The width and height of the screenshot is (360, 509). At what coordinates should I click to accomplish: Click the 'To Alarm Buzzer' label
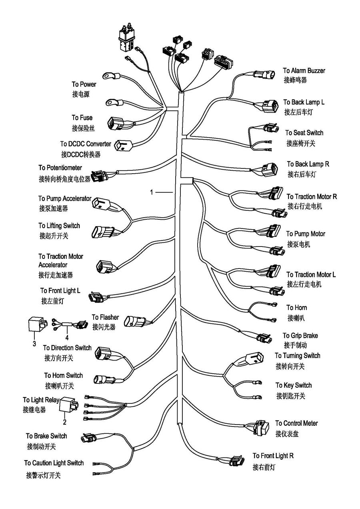point(304,71)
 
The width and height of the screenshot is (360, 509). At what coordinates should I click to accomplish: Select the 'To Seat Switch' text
point(304,133)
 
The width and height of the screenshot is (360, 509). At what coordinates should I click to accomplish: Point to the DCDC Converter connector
point(124,146)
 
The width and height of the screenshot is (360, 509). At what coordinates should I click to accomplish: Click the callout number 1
point(152,192)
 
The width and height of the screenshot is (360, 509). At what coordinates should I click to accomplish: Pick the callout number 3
point(34,344)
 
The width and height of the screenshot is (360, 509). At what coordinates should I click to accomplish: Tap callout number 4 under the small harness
point(67,337)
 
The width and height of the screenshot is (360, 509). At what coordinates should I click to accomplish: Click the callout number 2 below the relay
point(64,421)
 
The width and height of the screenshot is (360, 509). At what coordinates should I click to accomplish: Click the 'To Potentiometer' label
point(60,168)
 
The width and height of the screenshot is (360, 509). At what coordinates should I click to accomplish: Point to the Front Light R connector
point(236,461)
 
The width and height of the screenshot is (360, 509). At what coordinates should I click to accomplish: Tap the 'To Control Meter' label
point(296,423)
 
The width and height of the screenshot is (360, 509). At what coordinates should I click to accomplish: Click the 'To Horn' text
point(296,308)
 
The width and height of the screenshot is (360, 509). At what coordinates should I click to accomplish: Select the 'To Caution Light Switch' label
point(54,463)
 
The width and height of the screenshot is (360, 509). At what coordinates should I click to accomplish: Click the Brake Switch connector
point(87,438)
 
